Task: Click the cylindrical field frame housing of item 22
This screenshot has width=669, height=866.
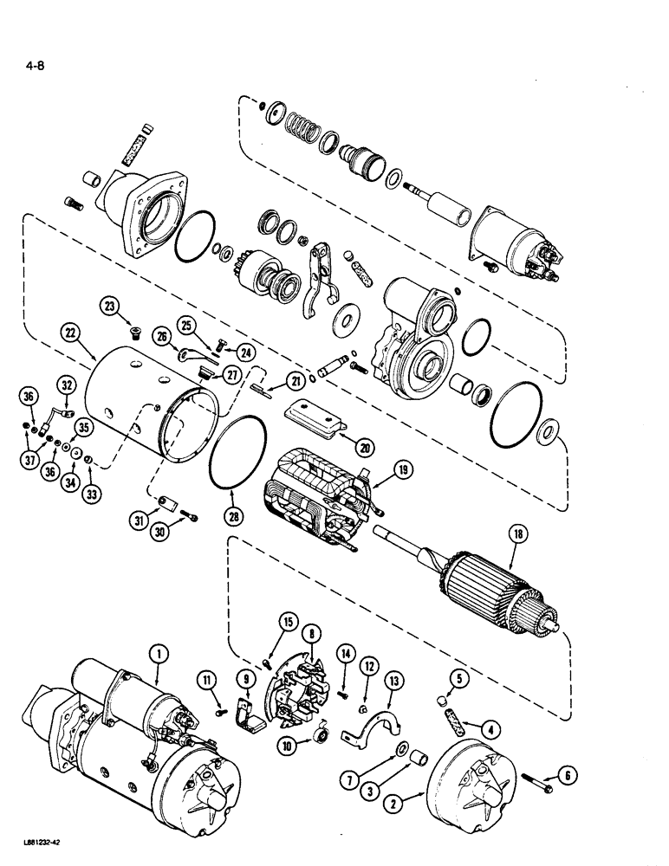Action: pos(130,398)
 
